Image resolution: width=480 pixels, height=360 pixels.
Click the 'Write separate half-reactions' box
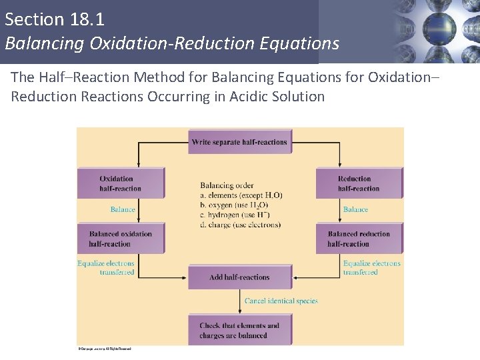pos(239,142)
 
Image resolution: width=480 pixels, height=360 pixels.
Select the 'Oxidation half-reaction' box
pos(121,183)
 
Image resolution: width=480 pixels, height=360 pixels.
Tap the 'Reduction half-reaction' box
pos(359,183)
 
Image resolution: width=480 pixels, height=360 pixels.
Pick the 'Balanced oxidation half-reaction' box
pos(121,239)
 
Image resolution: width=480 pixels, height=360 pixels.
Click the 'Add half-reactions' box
pos(239,277)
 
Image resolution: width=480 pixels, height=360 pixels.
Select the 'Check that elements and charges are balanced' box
pos(239,330)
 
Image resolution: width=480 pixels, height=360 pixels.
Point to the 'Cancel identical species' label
pos(281,301)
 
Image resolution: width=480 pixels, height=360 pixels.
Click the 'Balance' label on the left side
pos(123,209)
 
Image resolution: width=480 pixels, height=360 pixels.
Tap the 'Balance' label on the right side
pos(355,209)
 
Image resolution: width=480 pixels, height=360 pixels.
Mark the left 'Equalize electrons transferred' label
pos(106,267)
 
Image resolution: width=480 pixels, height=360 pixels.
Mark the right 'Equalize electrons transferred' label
pos(372,267)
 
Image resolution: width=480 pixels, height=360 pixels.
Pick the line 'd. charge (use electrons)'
pos(240,225)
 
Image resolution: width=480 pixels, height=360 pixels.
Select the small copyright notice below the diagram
pos(104,349)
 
